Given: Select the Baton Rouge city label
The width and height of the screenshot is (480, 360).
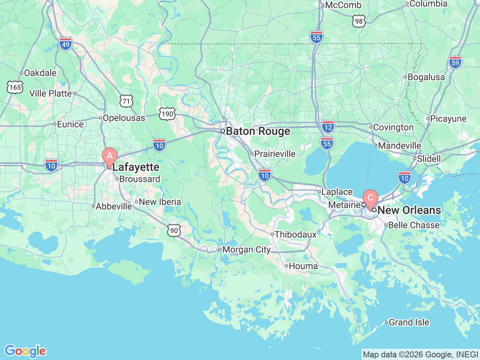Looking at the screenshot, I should [x=258, y=131].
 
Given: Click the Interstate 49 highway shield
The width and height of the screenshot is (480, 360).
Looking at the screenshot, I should [x=66, y=44].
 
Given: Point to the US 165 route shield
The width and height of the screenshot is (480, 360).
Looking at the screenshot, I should [x=15, y=87].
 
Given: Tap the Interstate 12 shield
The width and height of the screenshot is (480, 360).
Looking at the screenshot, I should [x=328, y=127].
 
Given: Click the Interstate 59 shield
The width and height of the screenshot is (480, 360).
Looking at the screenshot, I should [x=455, y=62].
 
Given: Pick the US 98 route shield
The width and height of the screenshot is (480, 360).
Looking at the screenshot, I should [x=359, y=21].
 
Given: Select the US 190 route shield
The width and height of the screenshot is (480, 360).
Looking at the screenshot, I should [x=167, y=114].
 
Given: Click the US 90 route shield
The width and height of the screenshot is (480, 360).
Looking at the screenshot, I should [x=174, y=230].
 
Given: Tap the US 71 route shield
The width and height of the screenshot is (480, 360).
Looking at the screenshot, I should [x=126, y=101].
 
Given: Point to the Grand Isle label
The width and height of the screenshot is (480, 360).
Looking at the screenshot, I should [x=409, y=322].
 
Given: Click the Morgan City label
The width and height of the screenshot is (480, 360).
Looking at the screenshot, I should [x=246, y=250].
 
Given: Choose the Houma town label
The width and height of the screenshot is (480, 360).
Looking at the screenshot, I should [x=303, y=266].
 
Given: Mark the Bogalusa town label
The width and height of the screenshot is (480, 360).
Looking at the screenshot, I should [x=426, y=77].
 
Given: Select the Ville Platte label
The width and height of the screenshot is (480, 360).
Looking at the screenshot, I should [x=51, y=93].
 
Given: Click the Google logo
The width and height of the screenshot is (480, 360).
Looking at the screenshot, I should [x=25, y=351].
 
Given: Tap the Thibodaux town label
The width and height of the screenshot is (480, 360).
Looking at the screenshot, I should [x=295, y=234].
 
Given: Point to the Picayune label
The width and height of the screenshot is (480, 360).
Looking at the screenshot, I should [x=448, y=119].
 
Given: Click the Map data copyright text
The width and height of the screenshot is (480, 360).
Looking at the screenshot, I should [x=420, y=354].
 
